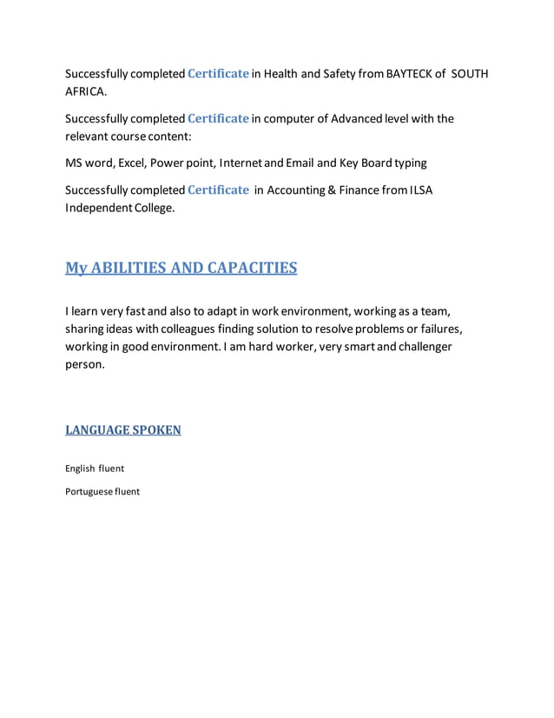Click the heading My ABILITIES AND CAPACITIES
181,268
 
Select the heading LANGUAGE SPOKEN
123,429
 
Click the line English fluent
95,469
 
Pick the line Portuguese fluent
102,492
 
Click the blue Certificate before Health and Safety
219,74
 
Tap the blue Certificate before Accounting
219,190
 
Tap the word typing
410,163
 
